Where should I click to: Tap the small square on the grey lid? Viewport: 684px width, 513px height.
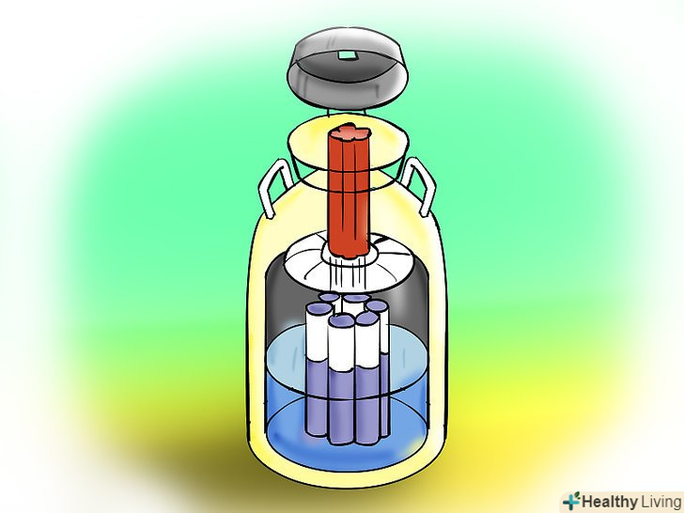point(348,54)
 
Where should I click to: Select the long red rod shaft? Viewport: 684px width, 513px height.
point(349,196)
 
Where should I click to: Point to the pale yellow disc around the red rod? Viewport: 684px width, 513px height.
point(349,143)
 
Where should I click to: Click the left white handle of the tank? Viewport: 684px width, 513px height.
point(273,188)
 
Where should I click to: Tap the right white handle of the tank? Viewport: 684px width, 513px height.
point(419,185)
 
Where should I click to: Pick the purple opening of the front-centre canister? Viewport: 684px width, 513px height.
point(342,321)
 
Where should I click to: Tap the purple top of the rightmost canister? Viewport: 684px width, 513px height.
point(377,305)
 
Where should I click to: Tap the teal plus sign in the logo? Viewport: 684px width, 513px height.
point(570,503)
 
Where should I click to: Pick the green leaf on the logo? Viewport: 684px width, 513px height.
point(576,495)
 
